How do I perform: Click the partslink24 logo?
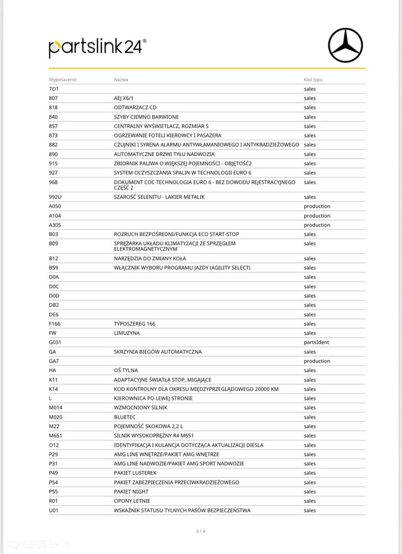(x=97, y=47)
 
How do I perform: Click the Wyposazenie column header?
(x=63, y=79)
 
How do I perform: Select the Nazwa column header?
(x=121, y=79)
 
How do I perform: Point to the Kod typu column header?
(x=313, y=79)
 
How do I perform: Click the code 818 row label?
(x=53, y=108)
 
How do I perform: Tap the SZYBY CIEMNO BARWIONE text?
(x=146, y=117)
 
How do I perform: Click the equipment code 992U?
(x=56, y=197)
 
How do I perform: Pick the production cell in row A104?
(x=317, y=216)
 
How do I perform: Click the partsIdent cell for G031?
(x=316, y=342)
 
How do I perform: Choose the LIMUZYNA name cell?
(x=127, y=333)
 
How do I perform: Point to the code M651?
(x=56, y=435)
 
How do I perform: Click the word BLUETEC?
(x=125, y=417)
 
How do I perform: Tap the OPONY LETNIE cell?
(x=132, y=501)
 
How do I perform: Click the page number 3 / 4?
(x=200, y=532)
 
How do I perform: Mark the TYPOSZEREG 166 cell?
(x=135, y=324)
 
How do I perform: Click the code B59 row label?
(x=53, y=268)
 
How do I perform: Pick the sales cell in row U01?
(x=310, y=510)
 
